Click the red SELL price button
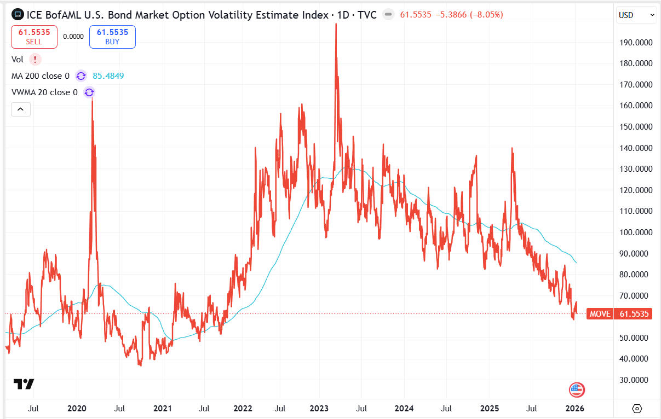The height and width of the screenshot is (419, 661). (x=33, y=37)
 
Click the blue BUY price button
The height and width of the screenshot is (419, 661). (x=112, y=37)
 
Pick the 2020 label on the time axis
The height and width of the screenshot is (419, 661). (x=76, y=408)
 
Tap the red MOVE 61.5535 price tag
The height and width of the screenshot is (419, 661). (x=619, y=314)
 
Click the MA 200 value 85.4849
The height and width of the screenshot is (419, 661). (x=108, y=75)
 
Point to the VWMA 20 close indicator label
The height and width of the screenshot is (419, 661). (x=44, y=92)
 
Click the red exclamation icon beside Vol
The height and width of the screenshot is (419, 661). (x=36, y=60)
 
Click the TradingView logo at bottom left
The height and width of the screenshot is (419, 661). (x=24, y=384)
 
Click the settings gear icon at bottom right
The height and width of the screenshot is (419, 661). (x=637, y=408)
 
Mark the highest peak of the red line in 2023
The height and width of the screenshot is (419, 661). (x=336, y=24)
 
